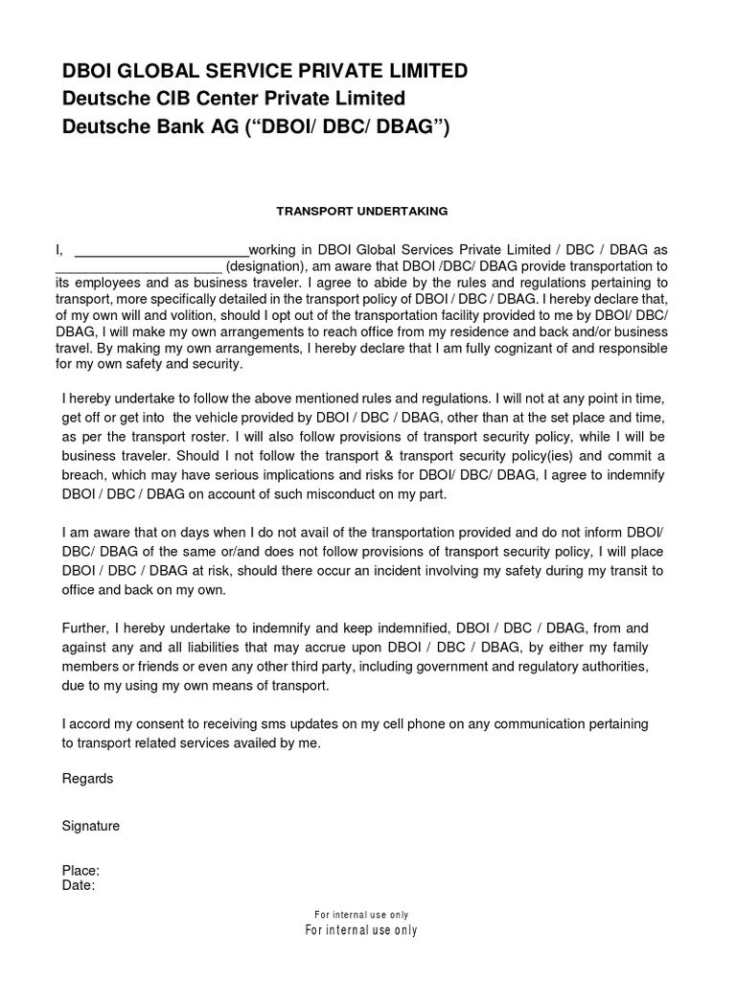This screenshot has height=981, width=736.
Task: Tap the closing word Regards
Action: (87, 779)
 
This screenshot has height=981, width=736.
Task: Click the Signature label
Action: (91, 825)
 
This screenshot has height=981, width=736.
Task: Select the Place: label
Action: (80, 871)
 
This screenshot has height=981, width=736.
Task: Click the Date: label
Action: (79, 885)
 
